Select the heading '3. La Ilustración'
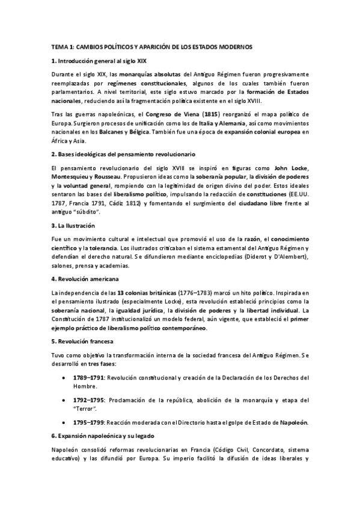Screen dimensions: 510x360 click(x=73, y=242)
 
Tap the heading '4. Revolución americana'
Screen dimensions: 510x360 click(x=85, y=279)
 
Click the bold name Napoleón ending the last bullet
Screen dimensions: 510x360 click(x=290, y=422)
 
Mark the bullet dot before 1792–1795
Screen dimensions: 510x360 click(x=64, y=400)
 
